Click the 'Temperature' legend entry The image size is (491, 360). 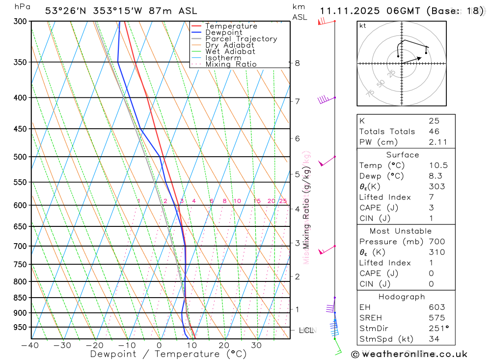[231, 26]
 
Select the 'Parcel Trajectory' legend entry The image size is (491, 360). [241, 39]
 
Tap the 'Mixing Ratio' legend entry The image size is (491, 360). [231, 64]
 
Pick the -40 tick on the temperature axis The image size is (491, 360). [30, 345]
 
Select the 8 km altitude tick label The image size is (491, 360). [298, 63]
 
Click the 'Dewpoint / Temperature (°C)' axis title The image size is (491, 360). [168, 354]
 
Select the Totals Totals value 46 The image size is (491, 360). [434, 132]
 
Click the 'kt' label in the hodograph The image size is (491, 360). [363, 26]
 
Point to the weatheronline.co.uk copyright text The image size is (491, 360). [409, 354]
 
